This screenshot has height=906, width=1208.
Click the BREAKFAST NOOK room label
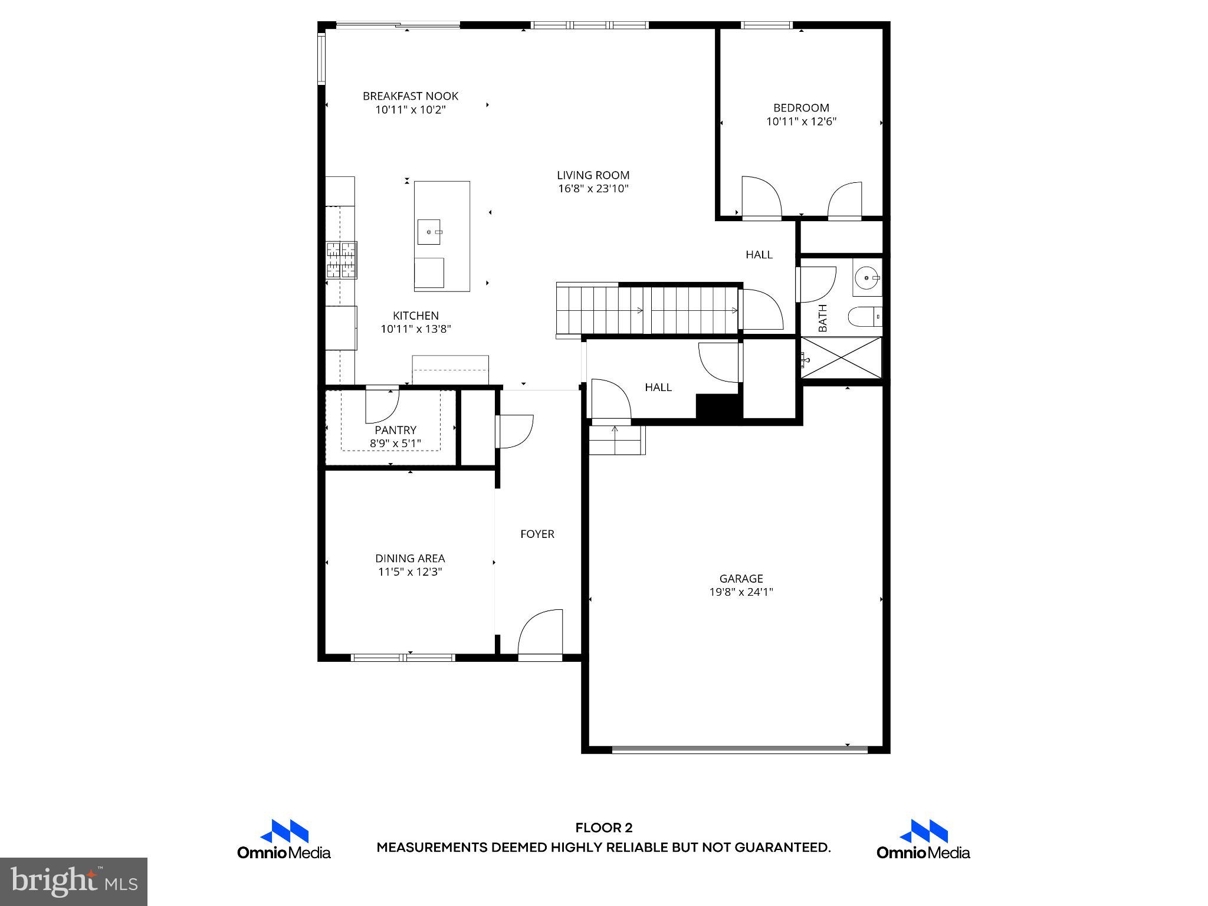[x=410, y=96]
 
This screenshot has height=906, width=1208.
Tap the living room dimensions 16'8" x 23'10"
[x=593, y=189]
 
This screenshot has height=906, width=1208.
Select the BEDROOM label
[x=801, y=107]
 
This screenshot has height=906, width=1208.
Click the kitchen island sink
[x=429, y=232]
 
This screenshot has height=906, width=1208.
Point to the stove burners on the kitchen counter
[x=342, y=260]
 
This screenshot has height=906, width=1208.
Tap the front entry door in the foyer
[x=540, y=633]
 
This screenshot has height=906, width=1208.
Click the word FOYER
[x=537, y=534]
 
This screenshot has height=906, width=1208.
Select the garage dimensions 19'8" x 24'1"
[x=741, y=592]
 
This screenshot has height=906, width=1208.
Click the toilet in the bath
[x=865, y=317]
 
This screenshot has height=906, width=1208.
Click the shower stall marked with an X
[x=842, y=358]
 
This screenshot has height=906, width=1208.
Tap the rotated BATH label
[x=823, y=318]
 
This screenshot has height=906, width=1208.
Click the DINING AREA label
[x=410, y=558]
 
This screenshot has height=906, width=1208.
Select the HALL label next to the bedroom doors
[x=759, y=255]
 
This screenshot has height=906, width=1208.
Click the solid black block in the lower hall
[x=718, y=407]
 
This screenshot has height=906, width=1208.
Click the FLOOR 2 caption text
[x=603, y=828]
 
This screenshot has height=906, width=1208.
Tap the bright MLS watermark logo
[x=73, y=881]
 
